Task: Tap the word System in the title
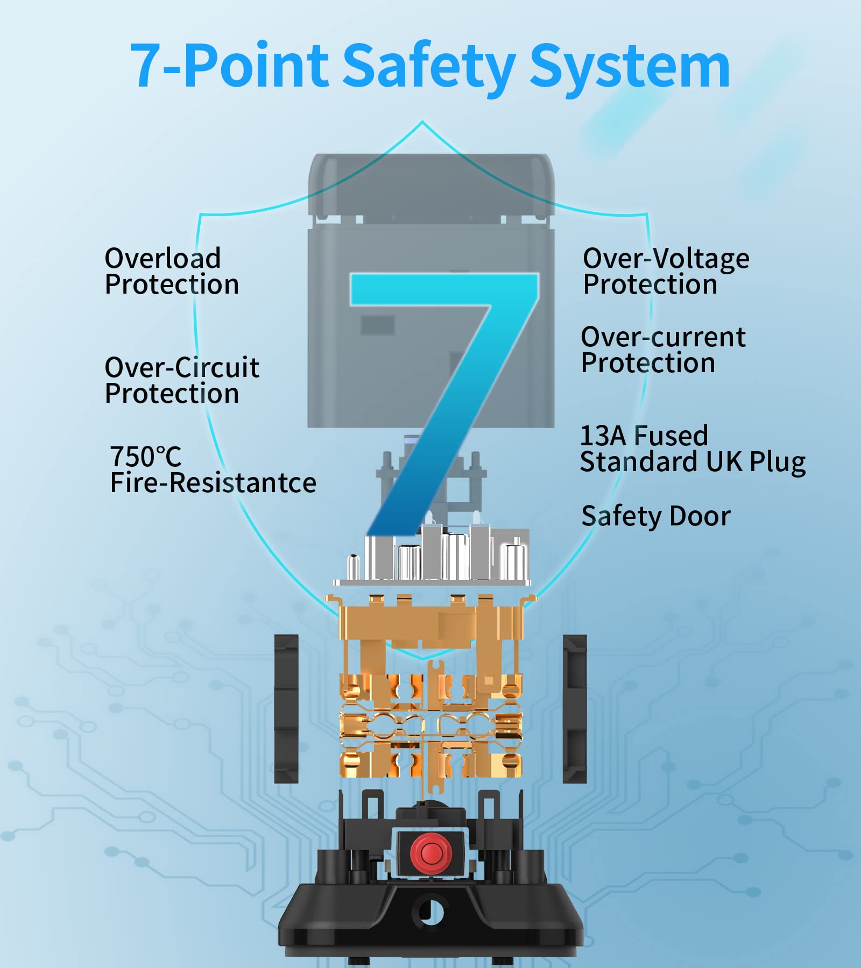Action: [630, 67]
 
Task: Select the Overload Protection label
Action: [172, 272]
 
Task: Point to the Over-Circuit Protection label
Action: [182, 380]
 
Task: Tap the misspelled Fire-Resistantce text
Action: [213, 483]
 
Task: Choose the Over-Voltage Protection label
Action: [666, 272]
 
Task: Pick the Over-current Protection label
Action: [663, 350]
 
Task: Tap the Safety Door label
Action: [656, 516]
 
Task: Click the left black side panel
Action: [286, 709]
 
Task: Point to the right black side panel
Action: [575, 709]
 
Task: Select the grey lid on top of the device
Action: [430, 183]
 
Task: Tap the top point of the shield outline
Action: [422, 122]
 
